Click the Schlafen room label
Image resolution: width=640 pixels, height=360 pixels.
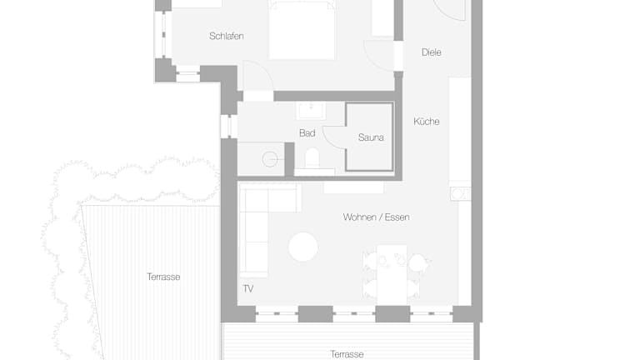click(x=227, y=36)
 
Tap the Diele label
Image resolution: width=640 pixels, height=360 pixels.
click(x=432, y=52)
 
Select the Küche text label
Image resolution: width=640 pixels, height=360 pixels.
click(x=427, y=121)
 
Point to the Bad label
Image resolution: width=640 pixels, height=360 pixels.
click(x=307, y=132)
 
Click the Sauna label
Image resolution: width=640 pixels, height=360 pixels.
click(x=371, y=137)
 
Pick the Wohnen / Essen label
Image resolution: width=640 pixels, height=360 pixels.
click(x=376, y=217)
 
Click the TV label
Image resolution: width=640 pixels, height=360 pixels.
click(x=248, y=288)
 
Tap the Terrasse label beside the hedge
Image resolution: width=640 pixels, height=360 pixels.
click(x=163, y=277)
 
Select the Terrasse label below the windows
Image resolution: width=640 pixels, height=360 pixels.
click(x=347, y=354)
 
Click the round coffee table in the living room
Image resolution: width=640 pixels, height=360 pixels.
click(x=303, y=247)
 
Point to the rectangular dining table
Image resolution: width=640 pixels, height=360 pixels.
click(x=392, y=274)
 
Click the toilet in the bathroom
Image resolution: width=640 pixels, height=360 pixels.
click(x=312, y=158)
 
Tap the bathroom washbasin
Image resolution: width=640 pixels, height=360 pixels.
click(x=311, y=111)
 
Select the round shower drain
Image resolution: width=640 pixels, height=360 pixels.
click(x=270, y=159)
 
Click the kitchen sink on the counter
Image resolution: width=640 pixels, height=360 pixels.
click(x=460, y=194)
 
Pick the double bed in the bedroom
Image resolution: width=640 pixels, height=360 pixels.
click(x=302, y=30)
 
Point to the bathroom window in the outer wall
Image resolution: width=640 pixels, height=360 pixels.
click(x=229, y=127)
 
